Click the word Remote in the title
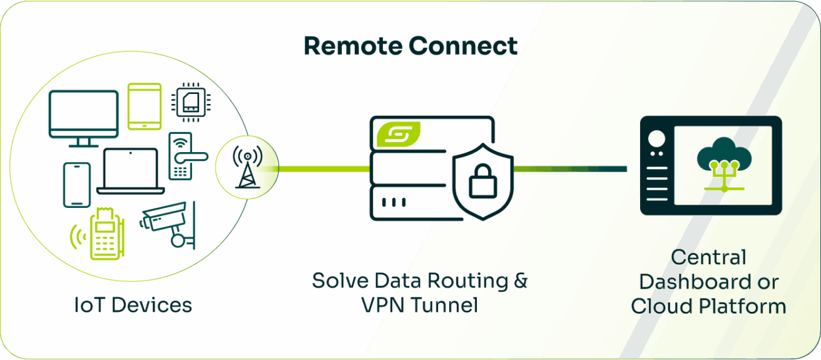(352, 46)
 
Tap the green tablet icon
(145, 106)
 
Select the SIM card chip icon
(192, 100)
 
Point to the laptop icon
(131, 171)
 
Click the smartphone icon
(77, 185)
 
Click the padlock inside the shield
(482, 182)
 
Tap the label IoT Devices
(132, 305)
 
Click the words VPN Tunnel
(419, 305)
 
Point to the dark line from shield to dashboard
(569, 168)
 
